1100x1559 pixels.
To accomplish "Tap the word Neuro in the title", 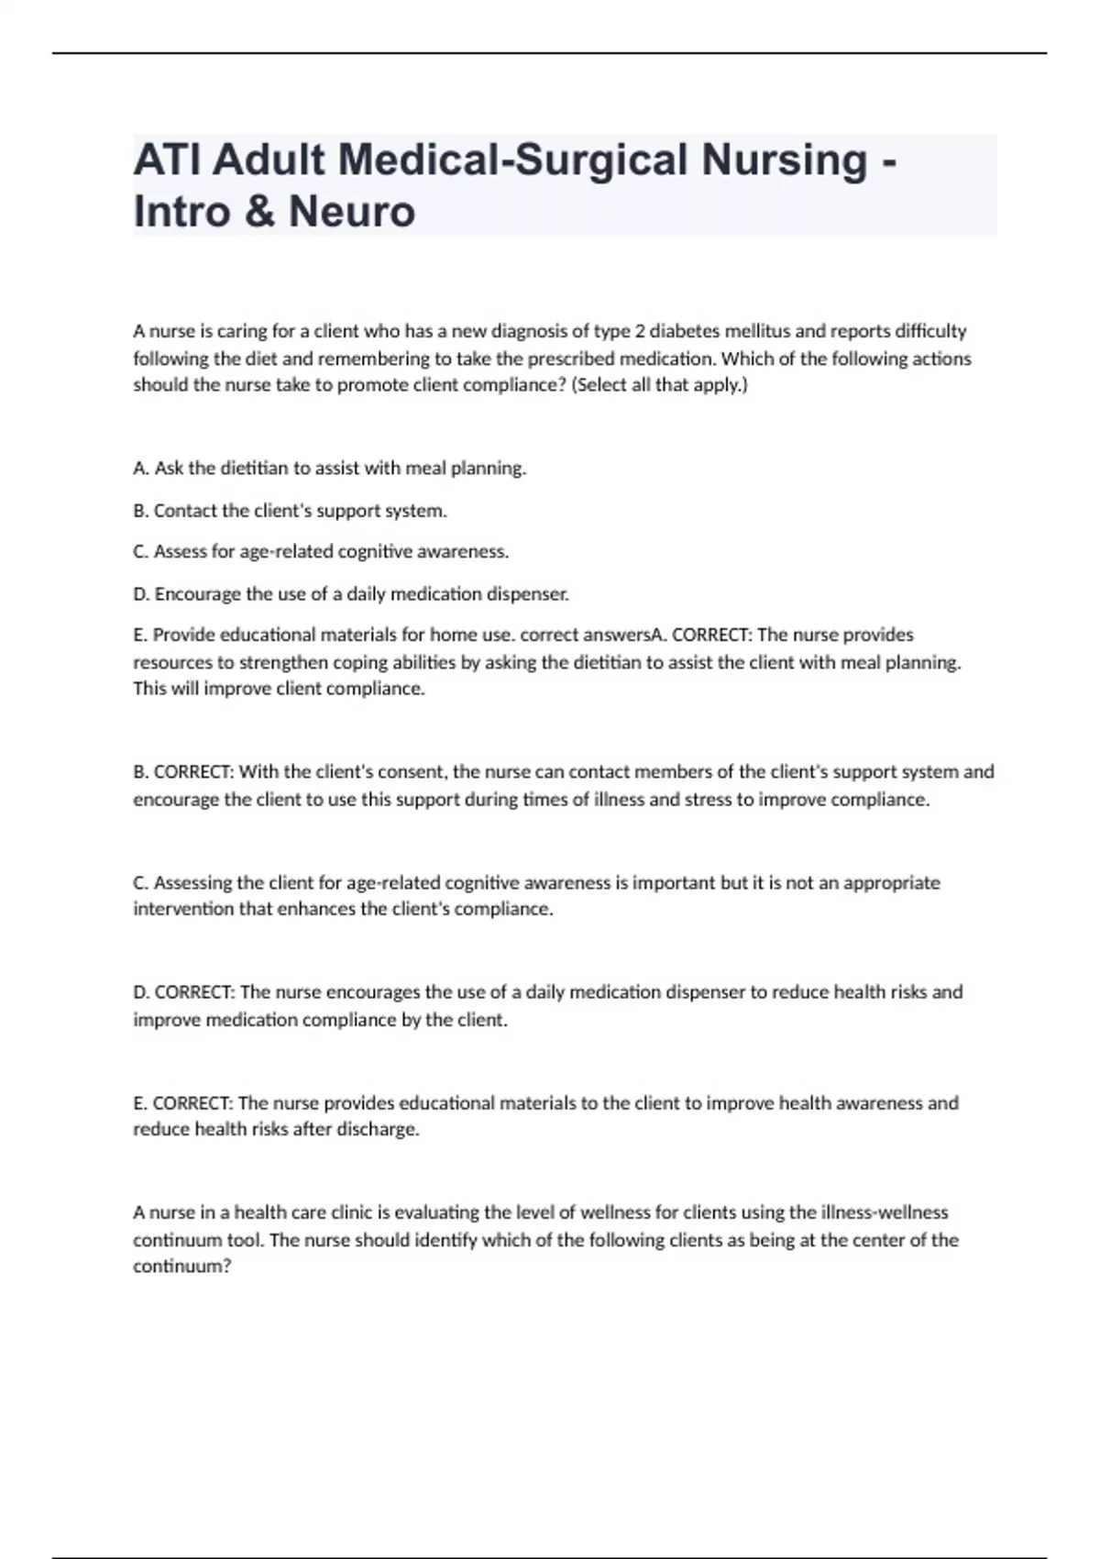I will pos(352,212).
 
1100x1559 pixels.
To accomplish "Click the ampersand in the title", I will pos(260,212).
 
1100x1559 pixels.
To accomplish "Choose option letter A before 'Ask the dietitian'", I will pos(141,469).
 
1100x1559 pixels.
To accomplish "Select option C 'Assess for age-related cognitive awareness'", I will pos(321,552).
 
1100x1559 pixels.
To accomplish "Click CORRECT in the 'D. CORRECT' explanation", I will pos(194,992).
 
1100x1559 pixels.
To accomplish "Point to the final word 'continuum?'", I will pos(182,1266).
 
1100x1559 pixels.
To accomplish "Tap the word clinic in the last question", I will pos(352,1212).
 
